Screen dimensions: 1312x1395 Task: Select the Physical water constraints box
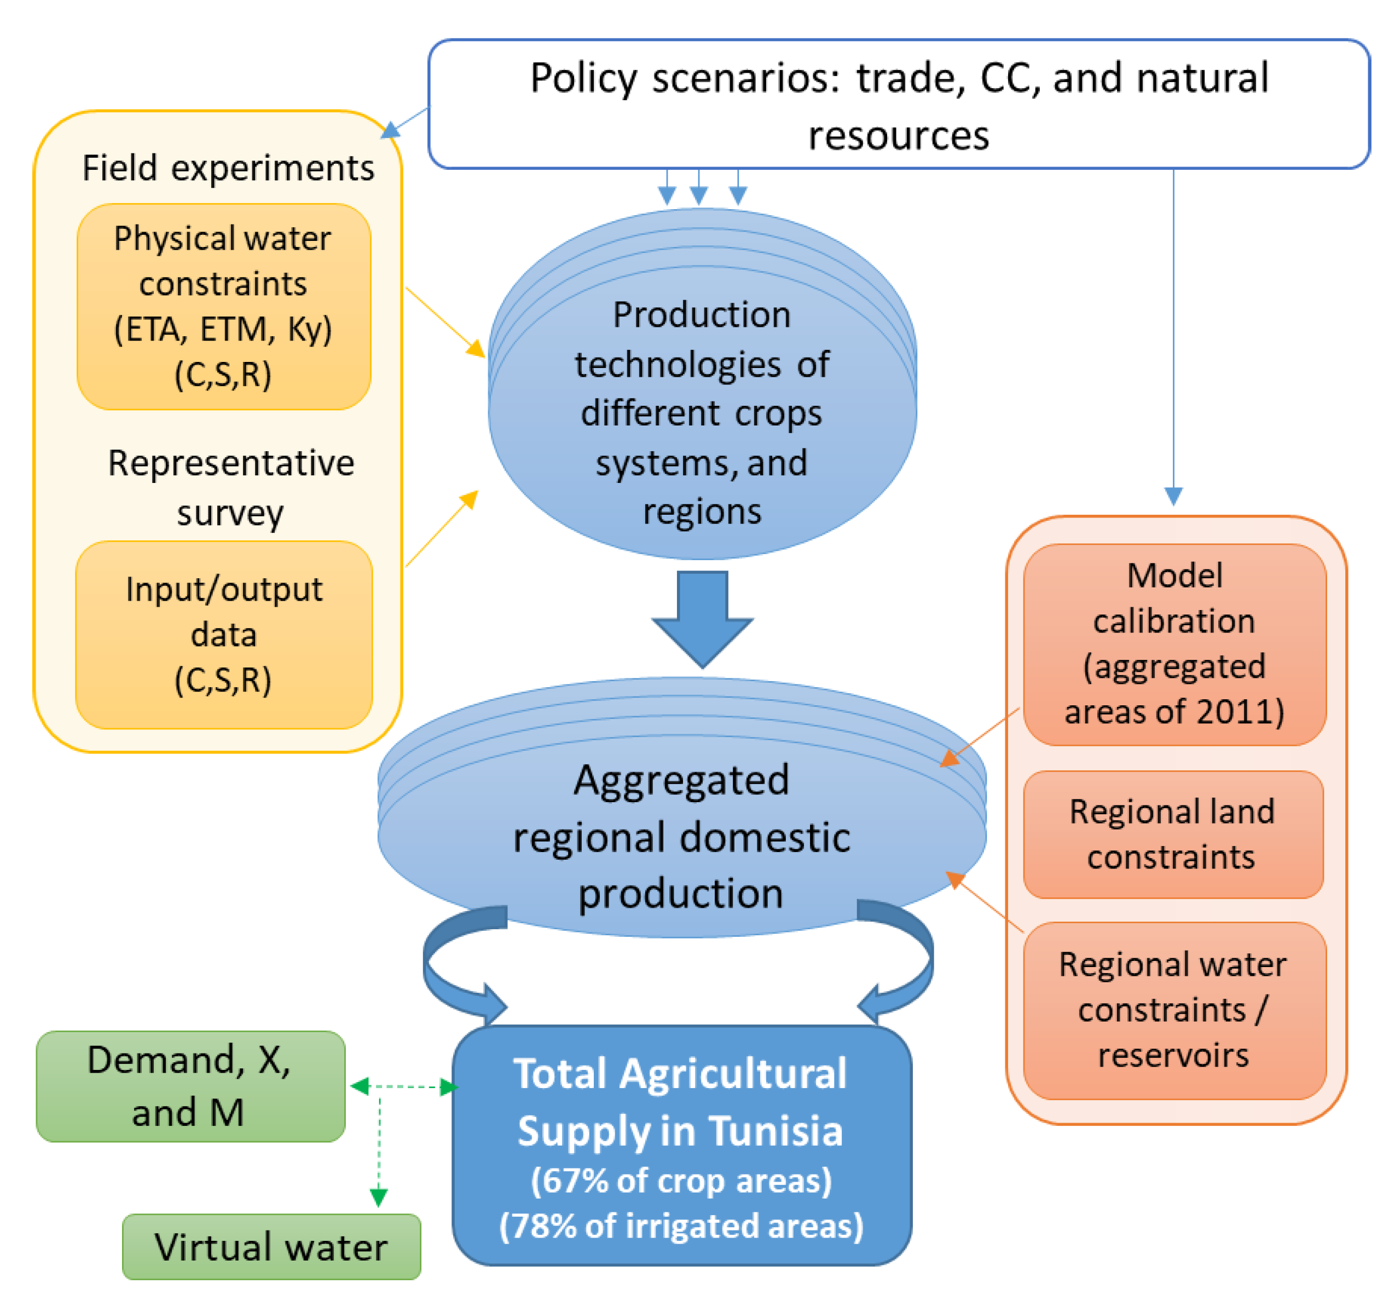click(x=223, y=307)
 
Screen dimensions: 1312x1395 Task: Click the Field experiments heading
click(x=228, y=169)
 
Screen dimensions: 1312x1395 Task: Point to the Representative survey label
click(x=230, y=487)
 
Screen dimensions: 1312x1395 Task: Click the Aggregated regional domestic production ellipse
click(x=681, y=836)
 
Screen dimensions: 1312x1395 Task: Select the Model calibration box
click(x=1174, y=644)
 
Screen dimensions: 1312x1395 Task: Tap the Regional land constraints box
click(x=1173, y=834)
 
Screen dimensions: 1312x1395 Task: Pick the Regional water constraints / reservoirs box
click(x=1174, y=1009)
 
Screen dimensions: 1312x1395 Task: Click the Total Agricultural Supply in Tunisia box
click(x=681, y=1144)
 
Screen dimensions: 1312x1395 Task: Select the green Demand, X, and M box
click(x=189, y=1086)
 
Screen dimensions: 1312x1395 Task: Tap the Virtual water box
click(x=271, y=1247)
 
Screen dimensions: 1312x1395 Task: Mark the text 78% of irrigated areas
click(x=681, y=1225)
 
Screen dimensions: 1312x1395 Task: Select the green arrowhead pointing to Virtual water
click(x=378, y=1197)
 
